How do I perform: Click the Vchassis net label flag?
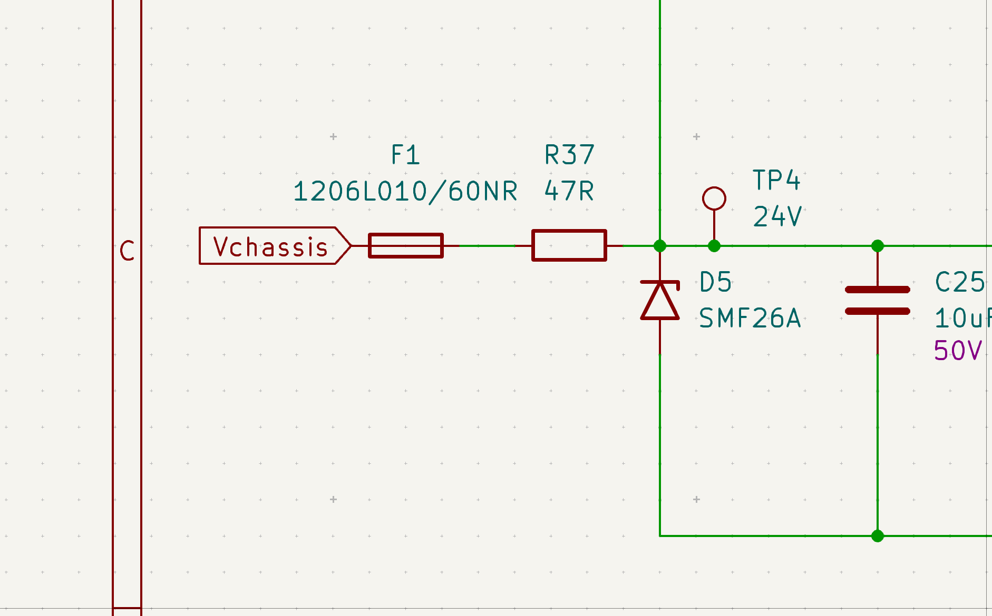tap(275, 246)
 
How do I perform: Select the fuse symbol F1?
tap(406, 246)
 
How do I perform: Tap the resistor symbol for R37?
tap(569, 245)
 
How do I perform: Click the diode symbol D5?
tap(660, 301)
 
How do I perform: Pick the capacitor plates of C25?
tap(878, 301)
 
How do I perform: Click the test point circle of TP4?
tap(714, 198)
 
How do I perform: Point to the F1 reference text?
tap(405, 155)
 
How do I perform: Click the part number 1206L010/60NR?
tap(405, 191)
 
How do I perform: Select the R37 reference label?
tap(569, 155)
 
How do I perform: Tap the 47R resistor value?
tap(569, 191)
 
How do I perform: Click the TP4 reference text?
tap(776, 180)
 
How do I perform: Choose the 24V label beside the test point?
tap(777, 216)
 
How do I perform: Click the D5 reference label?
tap(715, 282)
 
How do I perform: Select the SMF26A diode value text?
tap(750, 319)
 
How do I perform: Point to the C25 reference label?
tap(959, 282)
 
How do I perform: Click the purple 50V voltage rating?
tap(958, 350)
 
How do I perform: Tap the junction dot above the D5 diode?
tap(660, 246)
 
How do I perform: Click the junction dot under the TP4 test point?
tap(714, 246)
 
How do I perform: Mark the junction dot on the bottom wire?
tap(878, 536)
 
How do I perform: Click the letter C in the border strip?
tap(127, 251)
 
